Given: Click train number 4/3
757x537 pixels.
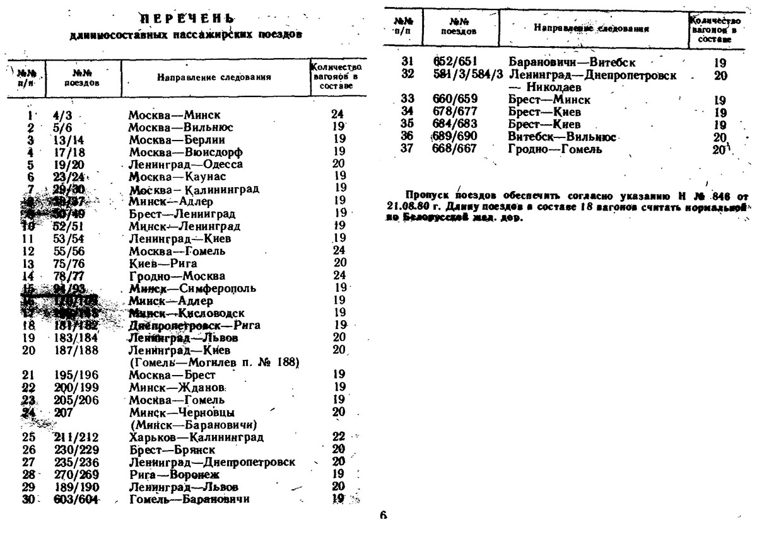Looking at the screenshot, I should (64, 115).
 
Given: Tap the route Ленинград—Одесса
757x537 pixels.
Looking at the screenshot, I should (185, 164).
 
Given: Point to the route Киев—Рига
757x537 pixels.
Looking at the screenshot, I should (163, 263).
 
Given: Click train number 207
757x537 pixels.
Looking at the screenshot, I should (63, 412).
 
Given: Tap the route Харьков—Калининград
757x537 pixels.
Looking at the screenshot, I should (196, 437).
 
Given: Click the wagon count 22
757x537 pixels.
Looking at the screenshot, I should (339, 437).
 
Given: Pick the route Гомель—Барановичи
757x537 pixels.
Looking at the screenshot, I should (189, 499).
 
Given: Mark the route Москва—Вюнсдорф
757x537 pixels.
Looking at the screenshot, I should (185, 152).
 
